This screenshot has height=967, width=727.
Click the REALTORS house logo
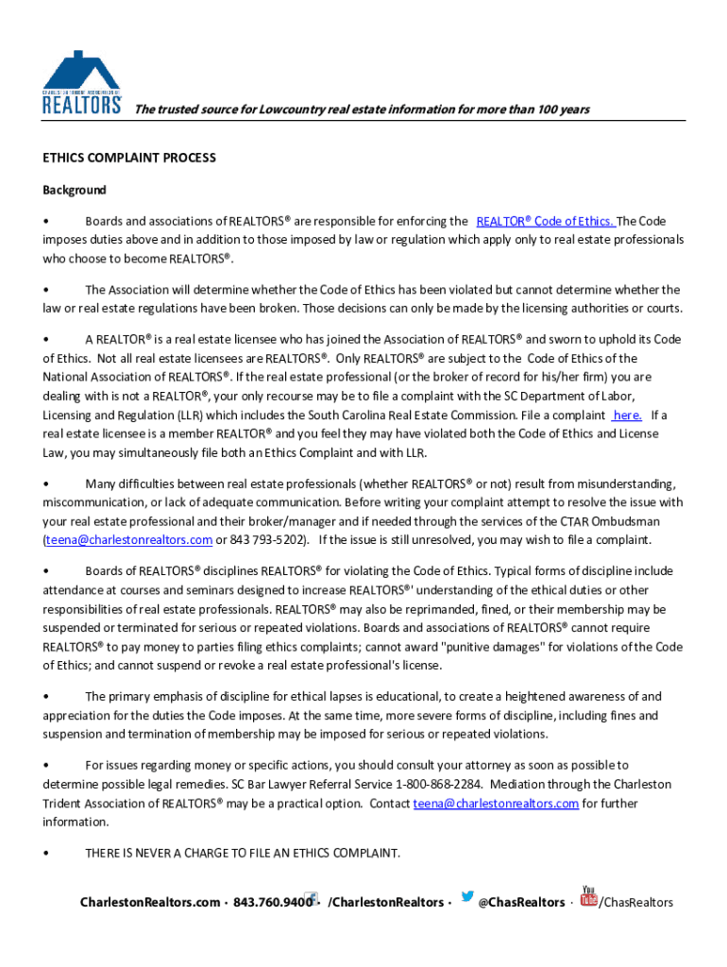pos(82,82)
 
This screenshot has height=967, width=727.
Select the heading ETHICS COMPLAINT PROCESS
pos(129,158)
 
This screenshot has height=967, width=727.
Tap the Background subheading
pos(75,190)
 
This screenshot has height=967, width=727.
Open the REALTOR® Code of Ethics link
pos(546,221)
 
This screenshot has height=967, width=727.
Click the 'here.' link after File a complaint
pos(628,415)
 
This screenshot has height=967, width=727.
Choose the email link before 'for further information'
pos(496,803)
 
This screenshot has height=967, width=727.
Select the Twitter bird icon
pos(466,898)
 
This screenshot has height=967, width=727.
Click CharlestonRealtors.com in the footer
pos(150,903)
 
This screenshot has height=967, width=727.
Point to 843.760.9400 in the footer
pos(272,903)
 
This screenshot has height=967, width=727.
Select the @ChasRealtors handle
pos(521,903)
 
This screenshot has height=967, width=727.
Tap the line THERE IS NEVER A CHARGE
pos(243,853)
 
